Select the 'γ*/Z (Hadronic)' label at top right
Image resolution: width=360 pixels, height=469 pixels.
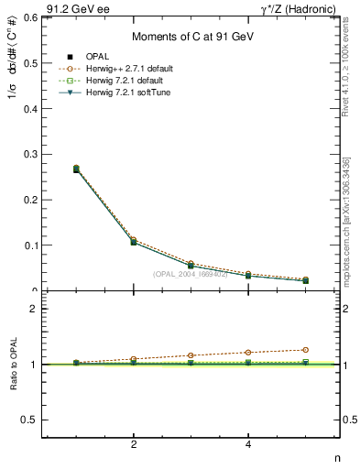pos(300,8)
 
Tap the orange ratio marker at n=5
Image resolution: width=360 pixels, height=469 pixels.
pos(305,350)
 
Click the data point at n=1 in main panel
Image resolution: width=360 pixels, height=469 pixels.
pos(76,169)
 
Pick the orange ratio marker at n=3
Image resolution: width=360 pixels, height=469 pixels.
pos(191,355)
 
